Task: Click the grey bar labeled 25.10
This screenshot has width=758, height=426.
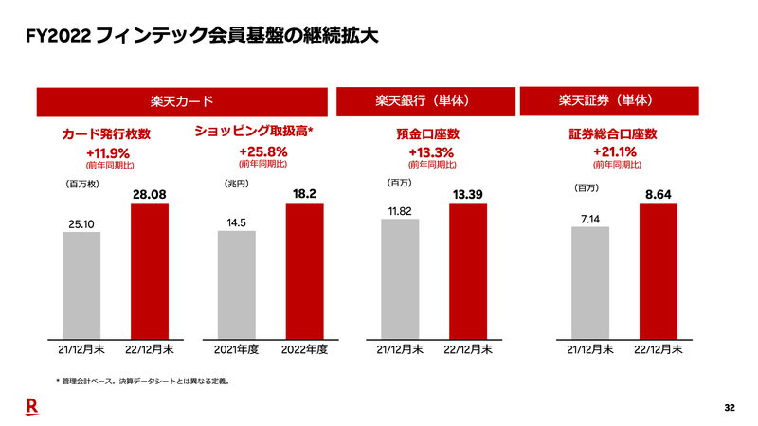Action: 81,285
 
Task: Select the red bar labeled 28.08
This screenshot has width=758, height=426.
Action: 150,271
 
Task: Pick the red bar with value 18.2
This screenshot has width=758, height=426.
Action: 304,271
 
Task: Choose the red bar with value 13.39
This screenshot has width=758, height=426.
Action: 468,271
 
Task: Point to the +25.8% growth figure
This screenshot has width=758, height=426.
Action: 262,151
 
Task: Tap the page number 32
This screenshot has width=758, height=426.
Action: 729,408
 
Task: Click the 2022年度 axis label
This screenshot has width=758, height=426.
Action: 304,349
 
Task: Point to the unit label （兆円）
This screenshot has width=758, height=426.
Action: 236,183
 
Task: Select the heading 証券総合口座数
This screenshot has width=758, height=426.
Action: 612,134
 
